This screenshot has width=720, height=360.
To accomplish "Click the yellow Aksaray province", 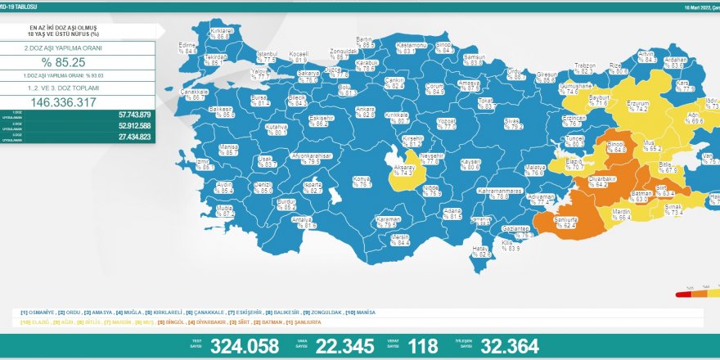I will (406, 165).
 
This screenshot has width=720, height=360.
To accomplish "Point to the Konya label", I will (361, 181).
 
